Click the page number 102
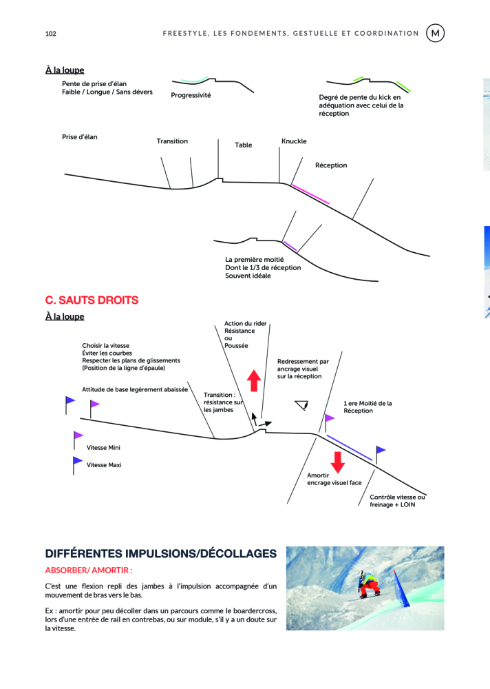pyautogui.click(x=50, y=34)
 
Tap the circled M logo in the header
pyautogui.click(x=435, y=33)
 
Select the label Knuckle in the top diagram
pyautogui.click(x=294, y=141)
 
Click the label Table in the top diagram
pyautogui.click(x=244, y=145)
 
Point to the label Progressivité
pyautogui.click(x=191, y=95)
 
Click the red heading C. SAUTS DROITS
pyautogui.click(x=92, y=300)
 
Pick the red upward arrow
pyautogui.click(x=254, y=380)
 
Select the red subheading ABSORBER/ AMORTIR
pyautogui.click(x=88, y=570)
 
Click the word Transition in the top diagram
pyautogui.click(x=172, y=141)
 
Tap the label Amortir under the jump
pyautogui.click(x=318, y=475)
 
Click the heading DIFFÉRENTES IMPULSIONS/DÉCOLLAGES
pyautogui.click(x=161, y=554)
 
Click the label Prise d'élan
pyautogui.click(x=80, y=137)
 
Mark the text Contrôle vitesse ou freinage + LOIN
pyautogui.click(x=397, y=501)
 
